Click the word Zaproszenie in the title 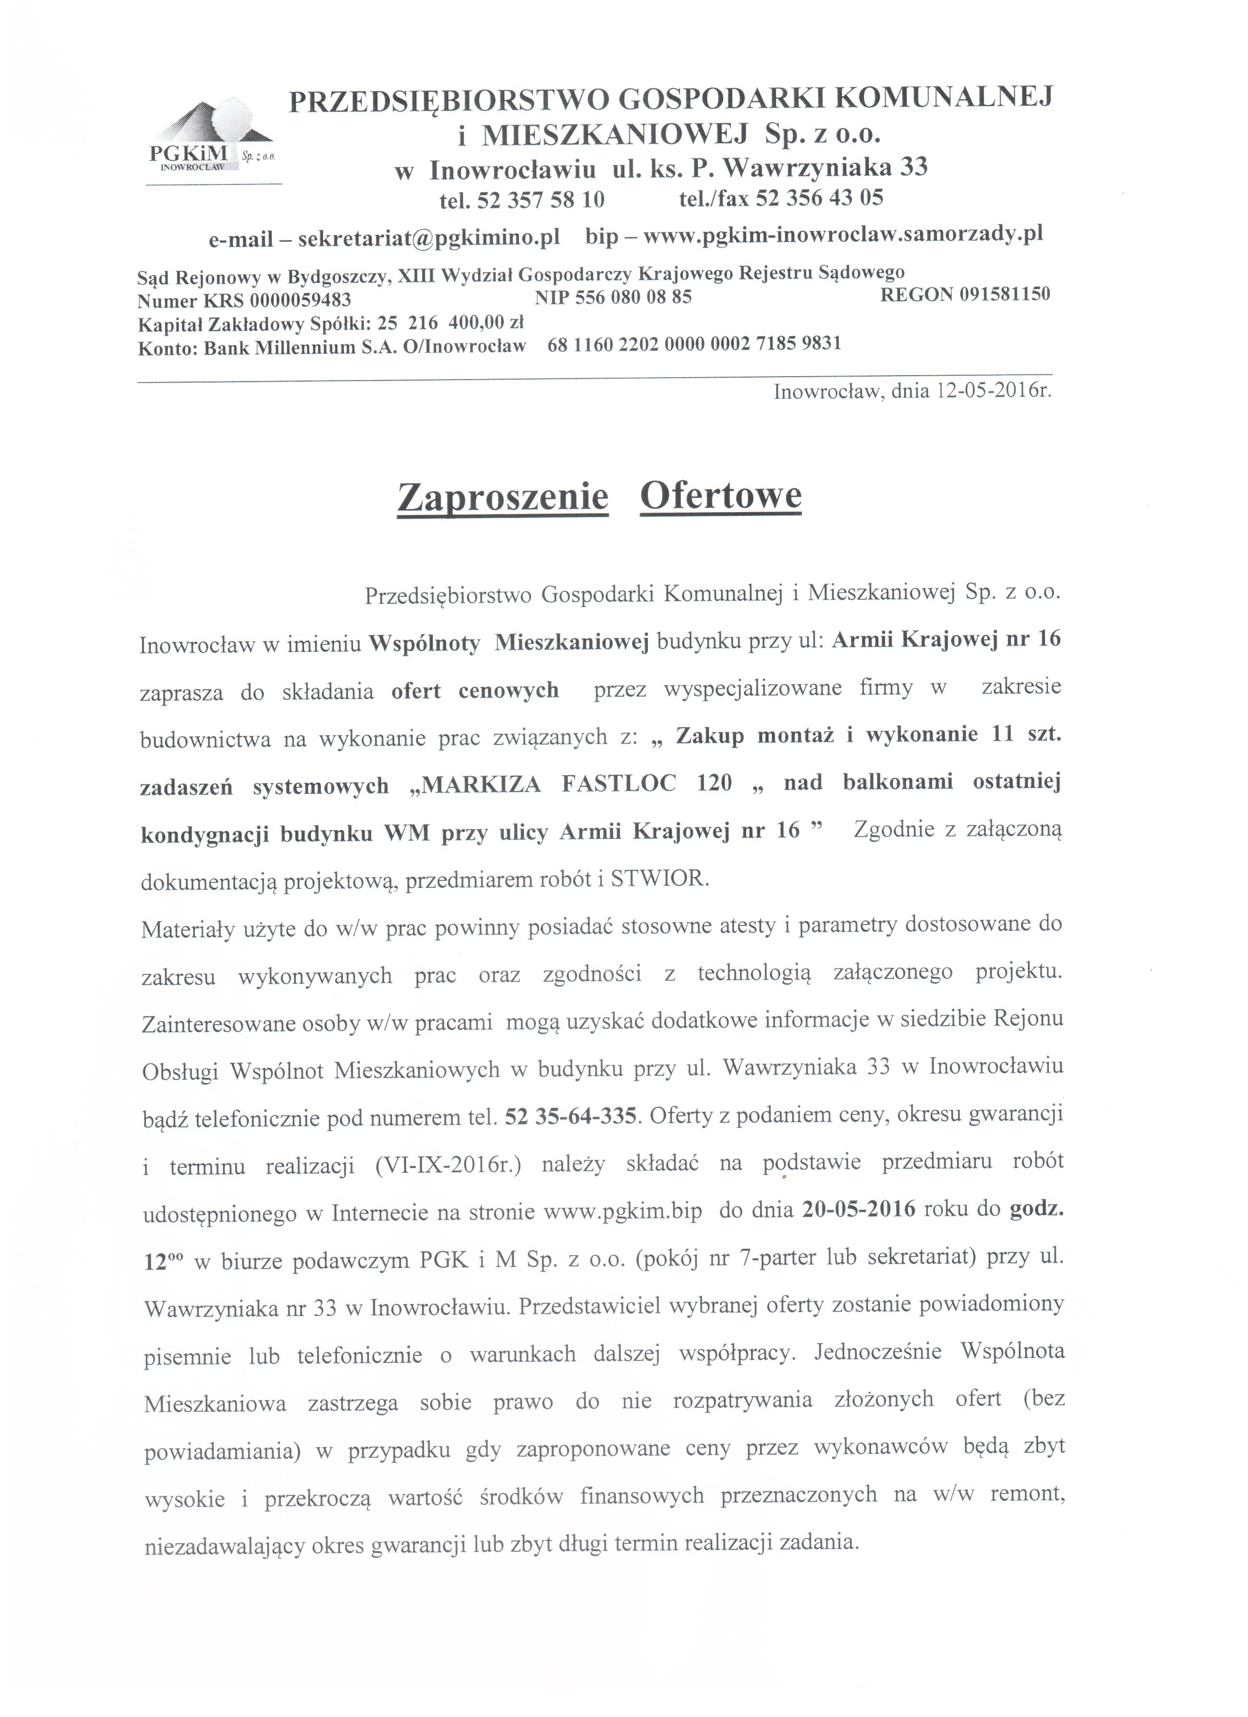pyautogui.click(x=503, y=497)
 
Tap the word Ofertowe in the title pyautogui.click(x=720, y=496)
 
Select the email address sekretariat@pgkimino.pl pyautogui.click(x=429, y=239)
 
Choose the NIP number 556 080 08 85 pyautogui.click(x=633, y=297)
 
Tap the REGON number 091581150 pyautogui.click(x=1004, y=294)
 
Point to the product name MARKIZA pyautogui.click(x=480, y=784)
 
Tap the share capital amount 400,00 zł pyautogui.click(x=486, y=322)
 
